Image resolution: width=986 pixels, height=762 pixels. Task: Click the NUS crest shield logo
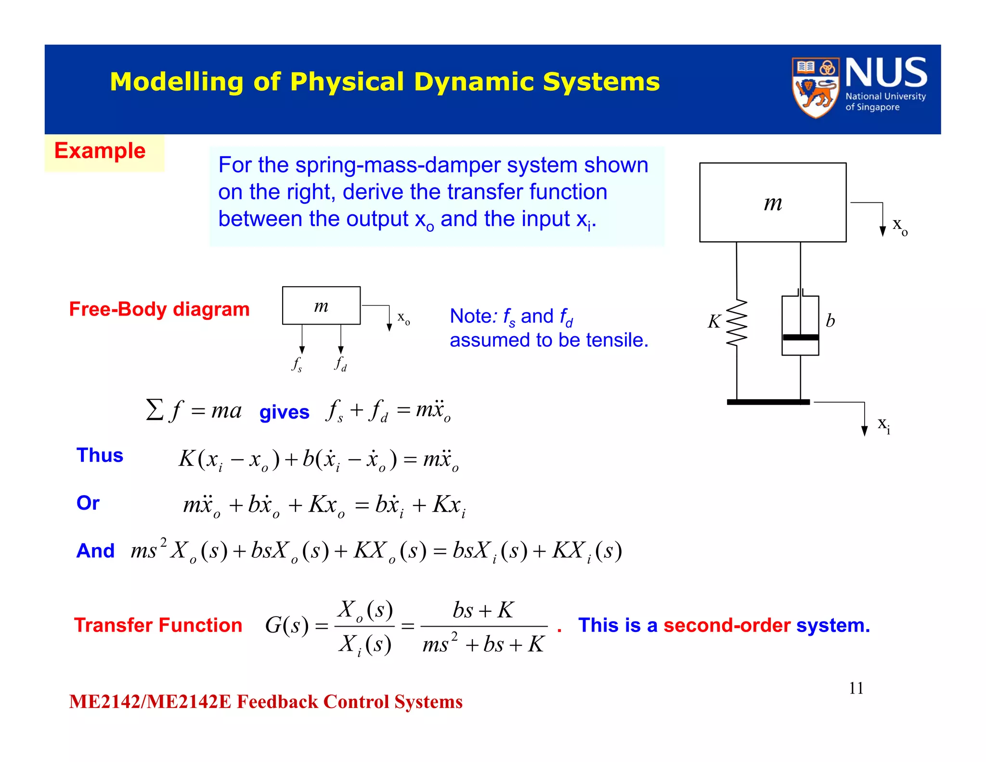[x=815, y=88]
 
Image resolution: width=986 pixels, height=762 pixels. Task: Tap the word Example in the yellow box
[x=100, y=151]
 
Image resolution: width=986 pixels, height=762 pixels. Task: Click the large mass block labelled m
[x=772, y=202]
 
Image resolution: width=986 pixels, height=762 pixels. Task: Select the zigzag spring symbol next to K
[x=737, y=323]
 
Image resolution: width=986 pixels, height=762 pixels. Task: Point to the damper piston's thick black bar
[x=800, y=338]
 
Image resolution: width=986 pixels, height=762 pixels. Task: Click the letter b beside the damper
[x=830, y=321]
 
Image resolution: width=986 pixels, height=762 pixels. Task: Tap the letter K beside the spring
[x=714, y=322]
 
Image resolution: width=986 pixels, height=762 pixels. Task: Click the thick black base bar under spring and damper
[x=768, y=402]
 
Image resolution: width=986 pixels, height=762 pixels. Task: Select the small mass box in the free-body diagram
[x=321, y=305]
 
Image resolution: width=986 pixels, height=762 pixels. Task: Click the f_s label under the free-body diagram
[x=297, y=364]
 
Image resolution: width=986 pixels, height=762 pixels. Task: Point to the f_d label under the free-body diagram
[x=340, y=363]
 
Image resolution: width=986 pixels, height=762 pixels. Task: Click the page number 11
[x=856, y=688]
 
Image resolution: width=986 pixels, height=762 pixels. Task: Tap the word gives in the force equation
[x=284, y=412]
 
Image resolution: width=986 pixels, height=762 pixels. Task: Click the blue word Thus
[x=100, y=455]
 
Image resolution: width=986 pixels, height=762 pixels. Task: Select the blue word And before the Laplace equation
[x=95, y=551]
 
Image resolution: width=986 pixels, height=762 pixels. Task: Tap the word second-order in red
[x=727, y=625]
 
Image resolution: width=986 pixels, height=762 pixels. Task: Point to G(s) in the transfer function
[x=286, y=626]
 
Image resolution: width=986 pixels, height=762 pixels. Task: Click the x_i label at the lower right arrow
[x=883, y=424]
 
